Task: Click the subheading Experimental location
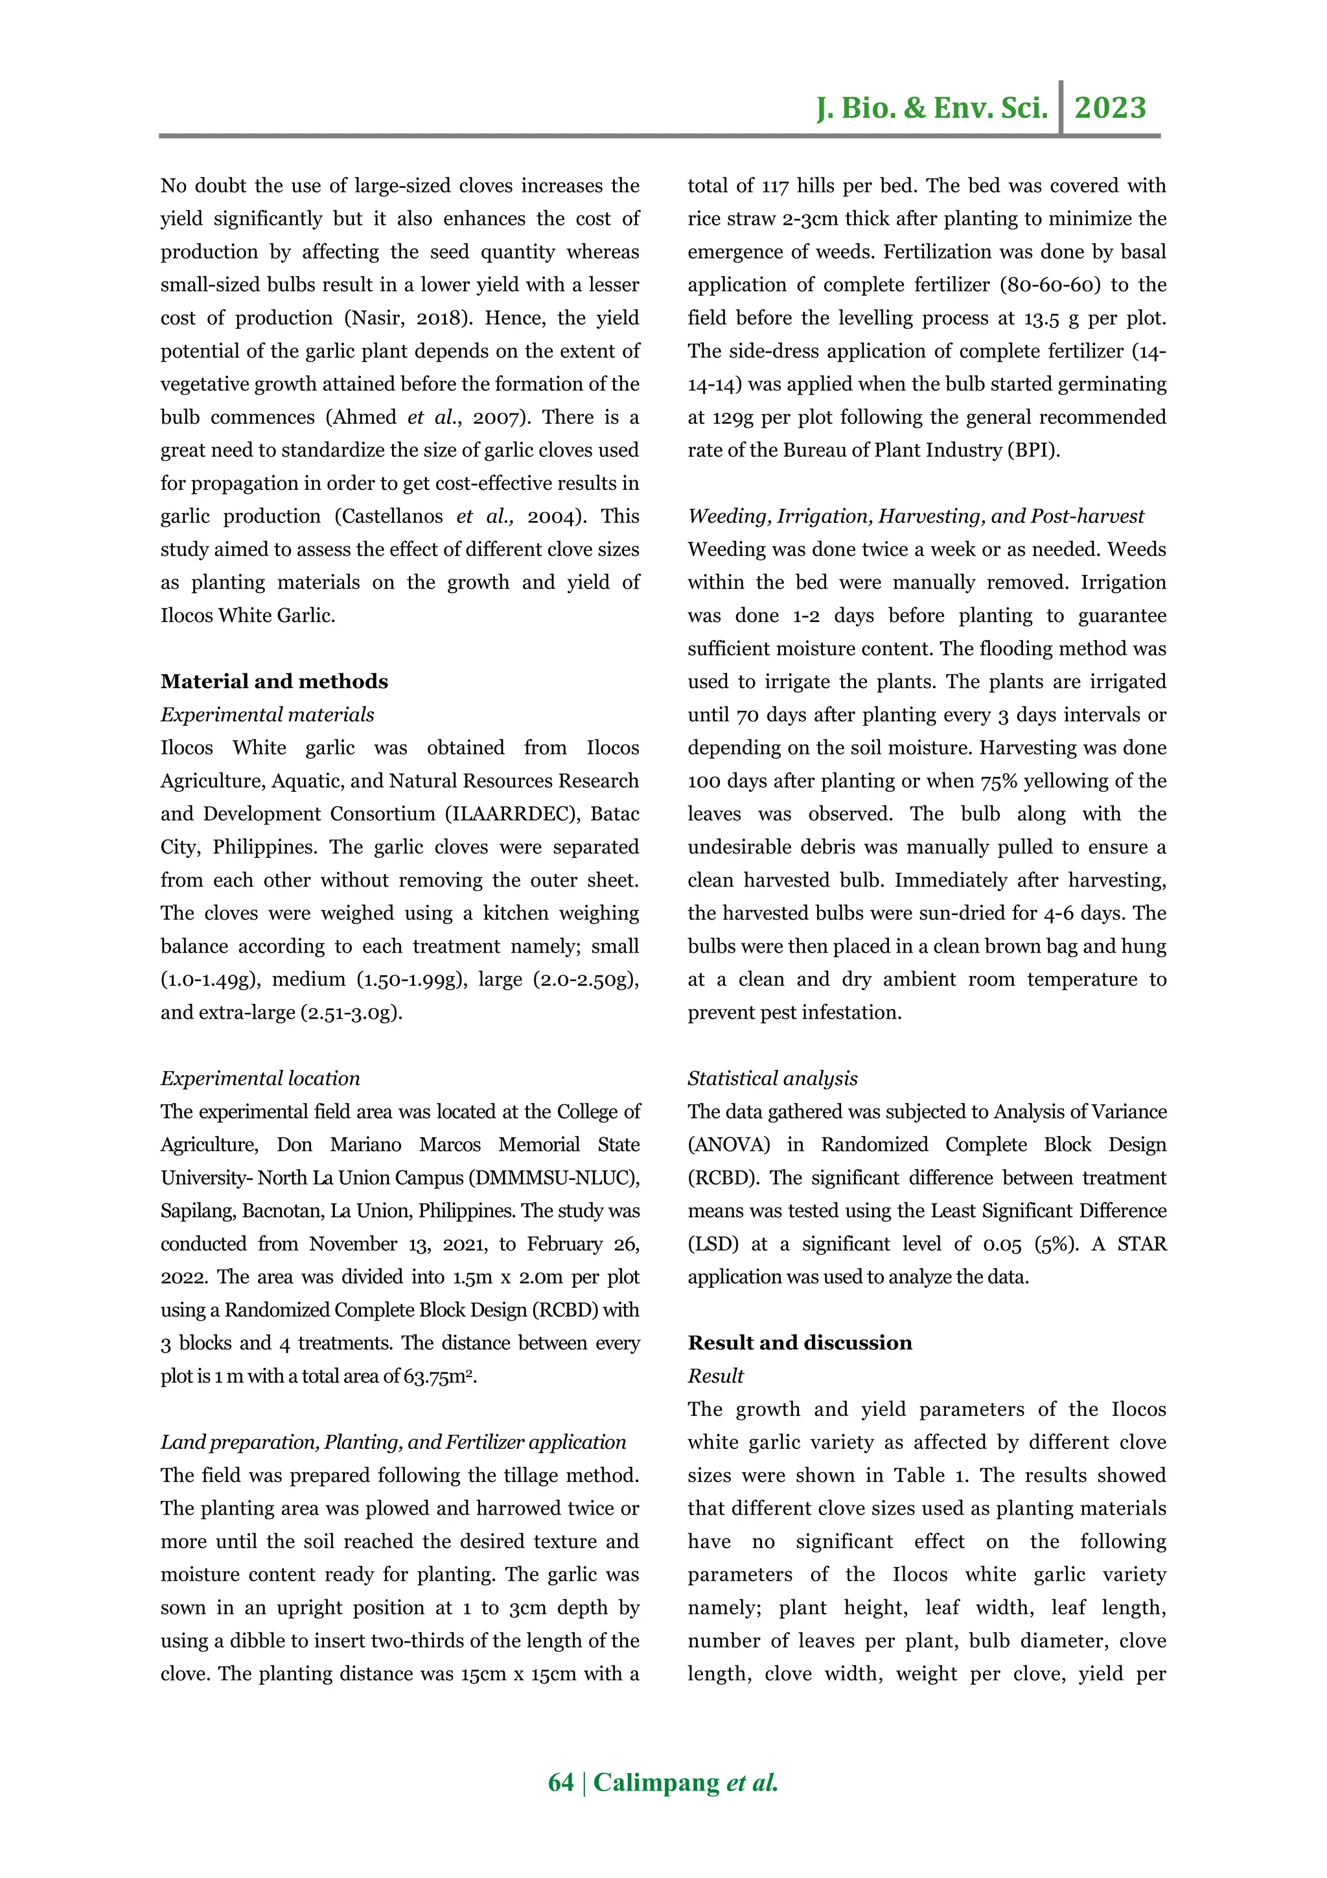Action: click(x=260, y=1078)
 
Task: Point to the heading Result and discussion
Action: click(x=799, y=1342)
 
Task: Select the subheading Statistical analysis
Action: click(x=772, y=1078)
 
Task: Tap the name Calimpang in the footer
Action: click(x=656, y=1781)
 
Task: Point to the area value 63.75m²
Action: click(x=439, y=1376)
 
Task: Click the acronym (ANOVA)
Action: click(x=728, y=1144)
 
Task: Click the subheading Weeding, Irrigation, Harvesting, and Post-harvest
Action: click(x=915, y=516)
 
